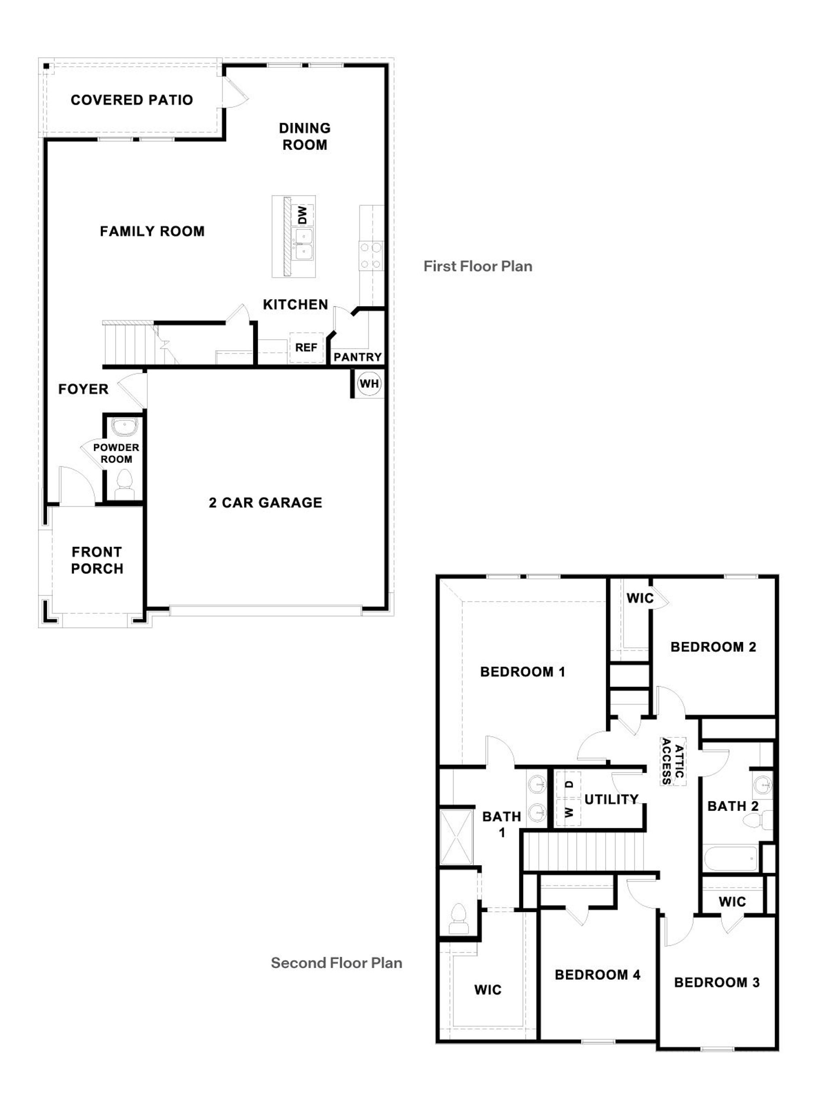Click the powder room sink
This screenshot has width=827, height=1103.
coord(124,427)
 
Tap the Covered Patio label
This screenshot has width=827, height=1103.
coord(132,100)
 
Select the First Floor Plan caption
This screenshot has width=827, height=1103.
coord(478,266)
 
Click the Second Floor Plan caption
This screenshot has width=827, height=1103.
coord(336,962)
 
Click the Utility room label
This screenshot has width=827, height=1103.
coord(611,799)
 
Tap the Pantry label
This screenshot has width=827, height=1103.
coord(357,357)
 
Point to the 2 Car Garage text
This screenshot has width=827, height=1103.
coord(265,503)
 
